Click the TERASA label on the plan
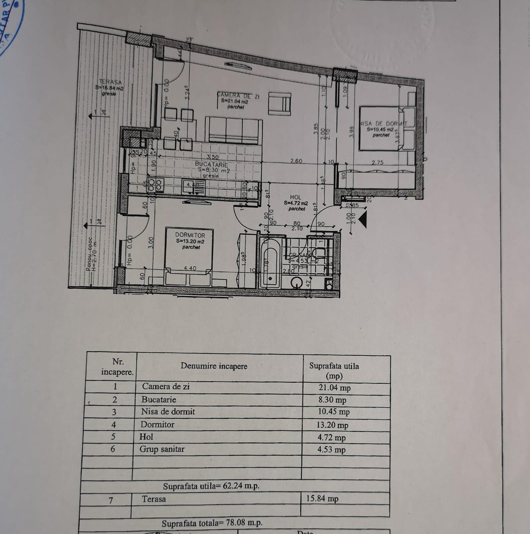click(110, 82)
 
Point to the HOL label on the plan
click(295, 198)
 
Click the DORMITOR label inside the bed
click(190, 235)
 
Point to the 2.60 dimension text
click(296, 161)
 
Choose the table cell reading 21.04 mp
click(334, 388)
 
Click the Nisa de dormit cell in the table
click(168, 412)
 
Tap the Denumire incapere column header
click(214, 366)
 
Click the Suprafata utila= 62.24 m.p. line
click(211, 487)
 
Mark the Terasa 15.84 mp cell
click(322, 499)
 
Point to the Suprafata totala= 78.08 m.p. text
click(212, 523)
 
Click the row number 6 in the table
click(113, 449)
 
